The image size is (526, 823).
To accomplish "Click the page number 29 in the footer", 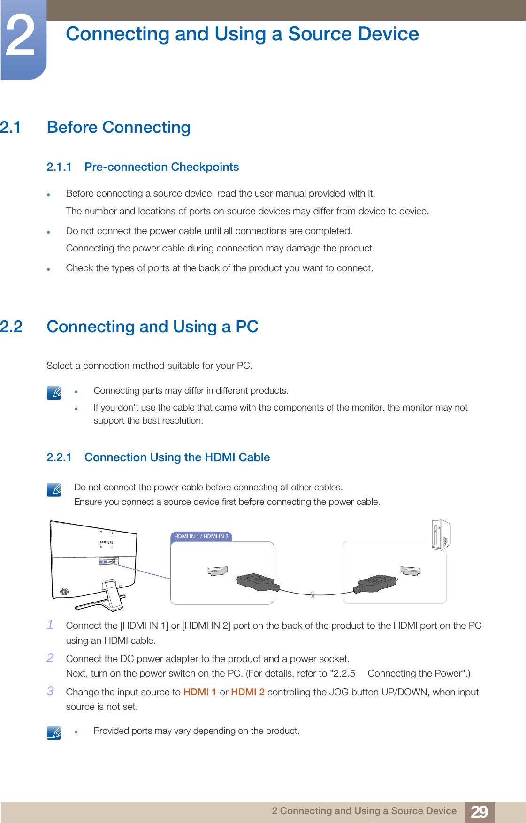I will (x=479, y=812).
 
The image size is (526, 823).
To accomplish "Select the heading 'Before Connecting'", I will (x=118, y=127).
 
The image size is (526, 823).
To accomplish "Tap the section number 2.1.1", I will (x=59, y=167).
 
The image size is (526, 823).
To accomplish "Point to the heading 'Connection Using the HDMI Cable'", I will (x=177, y=457).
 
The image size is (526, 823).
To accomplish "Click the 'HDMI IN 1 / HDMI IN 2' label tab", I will (x=201, y=536).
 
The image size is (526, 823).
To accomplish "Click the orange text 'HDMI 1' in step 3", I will (x=200, y=692).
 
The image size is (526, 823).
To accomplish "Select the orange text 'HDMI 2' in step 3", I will (x=248, y=692).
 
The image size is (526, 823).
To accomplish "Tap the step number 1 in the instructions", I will (x=50, y=625).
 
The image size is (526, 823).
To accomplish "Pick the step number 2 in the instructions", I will (x=50, y=658).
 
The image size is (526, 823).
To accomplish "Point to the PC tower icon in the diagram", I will (x=441, y=535).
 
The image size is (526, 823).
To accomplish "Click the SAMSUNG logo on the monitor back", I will (x=107, y=542).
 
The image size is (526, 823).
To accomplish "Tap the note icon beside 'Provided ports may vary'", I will (x=54, y=732).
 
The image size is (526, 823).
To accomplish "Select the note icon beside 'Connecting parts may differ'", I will (x=54, y=392).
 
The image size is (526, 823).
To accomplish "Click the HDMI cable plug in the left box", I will (x=256, y=582).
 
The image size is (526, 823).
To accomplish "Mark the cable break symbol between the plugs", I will (x=312, y=595).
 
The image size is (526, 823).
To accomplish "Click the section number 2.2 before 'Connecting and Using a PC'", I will (x=11, y=327).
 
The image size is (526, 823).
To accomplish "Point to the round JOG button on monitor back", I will (x=64, y=592).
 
